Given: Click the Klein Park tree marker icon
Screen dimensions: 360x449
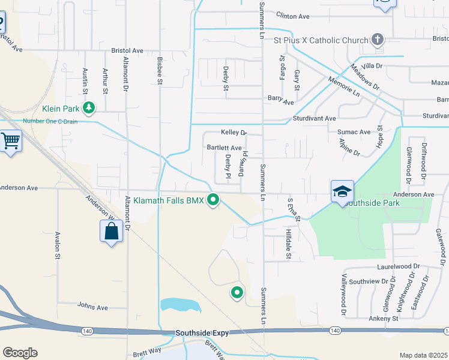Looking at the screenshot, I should click(x=89, y=108).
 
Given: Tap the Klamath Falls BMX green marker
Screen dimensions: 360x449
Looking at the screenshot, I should click(x=212, y=200).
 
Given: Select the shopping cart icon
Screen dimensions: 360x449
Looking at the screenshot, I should click(x=10, y=142).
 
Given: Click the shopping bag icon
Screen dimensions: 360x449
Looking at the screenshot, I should click(x=112, y=230).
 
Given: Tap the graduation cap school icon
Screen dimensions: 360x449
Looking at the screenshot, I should click(x=342, y=191).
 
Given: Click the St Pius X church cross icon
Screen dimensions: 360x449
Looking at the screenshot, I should click(x=378, y=40).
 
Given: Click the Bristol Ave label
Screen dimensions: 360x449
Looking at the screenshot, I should click(x=127, y=51).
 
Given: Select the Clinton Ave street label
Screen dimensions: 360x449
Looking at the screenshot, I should click(x=293, y=16).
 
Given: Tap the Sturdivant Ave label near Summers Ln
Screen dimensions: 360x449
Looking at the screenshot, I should click(x=315, y=119).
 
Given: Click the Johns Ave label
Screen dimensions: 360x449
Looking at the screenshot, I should click(x=92, y=307).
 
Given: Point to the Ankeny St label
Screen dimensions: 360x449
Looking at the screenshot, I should click(x=384, y=319).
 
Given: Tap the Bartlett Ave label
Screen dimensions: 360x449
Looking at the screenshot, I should click(x=224, y=147).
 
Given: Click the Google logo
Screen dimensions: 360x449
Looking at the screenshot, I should click(x=20, y=353).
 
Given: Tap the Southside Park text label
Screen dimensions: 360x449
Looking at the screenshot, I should click(x=375, y=203).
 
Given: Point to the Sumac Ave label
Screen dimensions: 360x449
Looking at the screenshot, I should click(x=354, y=131).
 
